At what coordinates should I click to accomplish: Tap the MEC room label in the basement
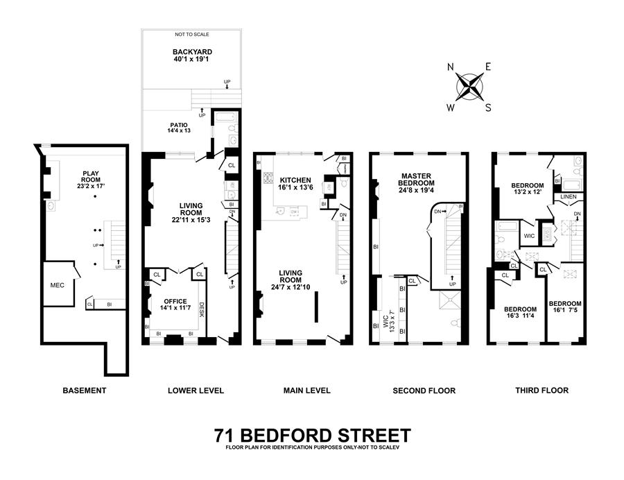coord(58,284)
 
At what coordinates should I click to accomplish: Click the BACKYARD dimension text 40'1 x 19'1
coord(193,60)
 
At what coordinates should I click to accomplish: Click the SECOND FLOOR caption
coord(424,391)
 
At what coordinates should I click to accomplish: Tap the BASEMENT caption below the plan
coord(85,391)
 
